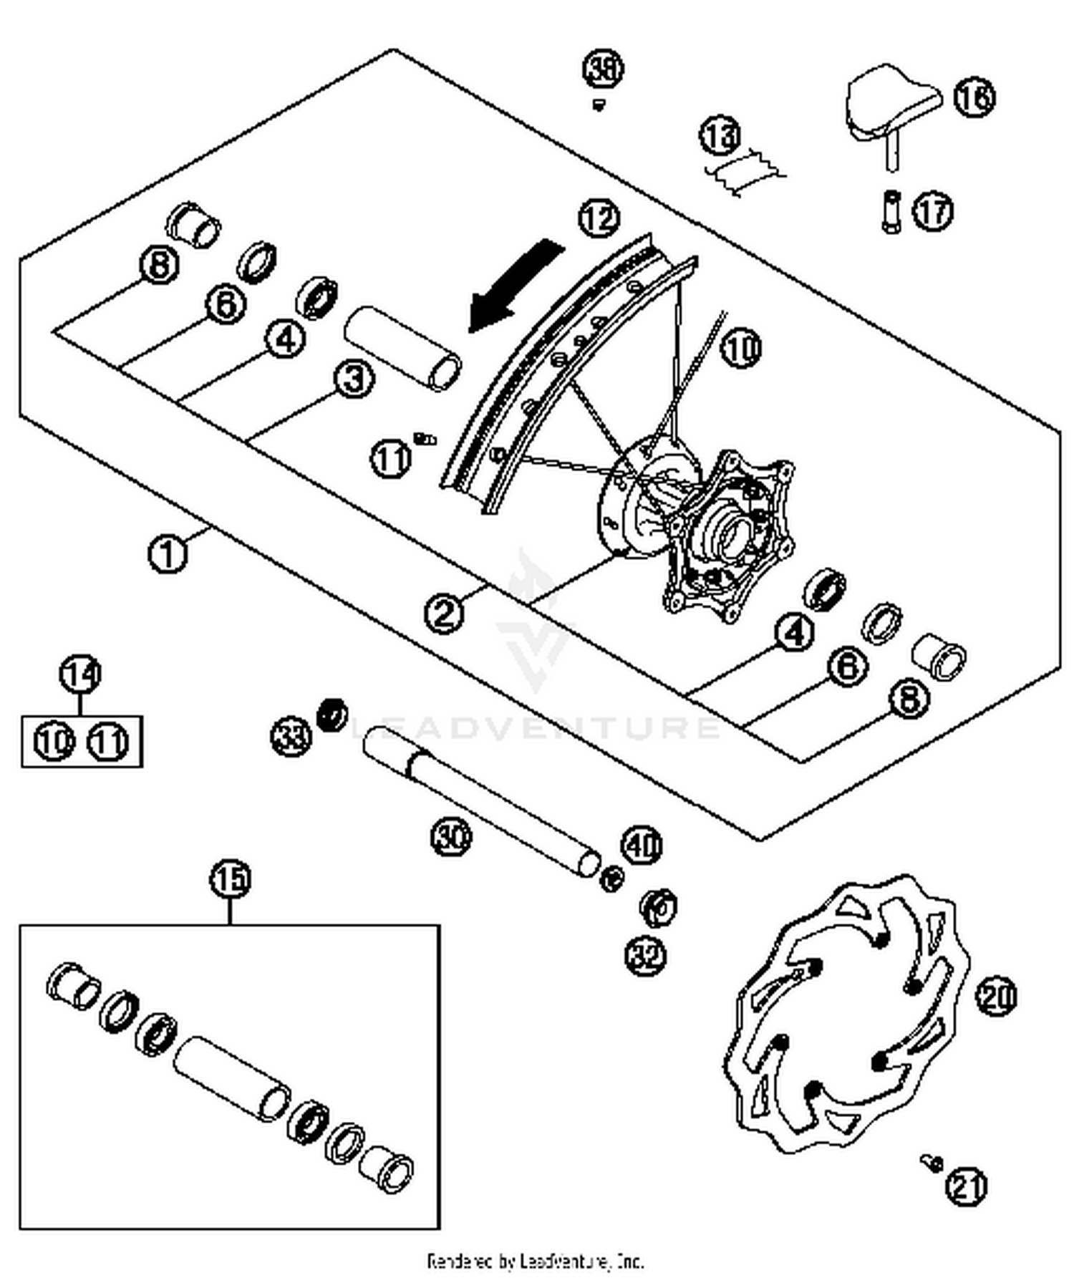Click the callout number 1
168,553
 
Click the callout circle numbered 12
599,217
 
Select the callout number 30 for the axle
452,835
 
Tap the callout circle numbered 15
231,878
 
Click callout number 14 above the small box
80,674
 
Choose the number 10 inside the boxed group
54,742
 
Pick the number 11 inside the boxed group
108,742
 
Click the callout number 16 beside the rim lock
974,96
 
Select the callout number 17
933,211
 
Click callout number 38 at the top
602,68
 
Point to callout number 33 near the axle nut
291,735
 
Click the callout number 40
642,846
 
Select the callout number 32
646,954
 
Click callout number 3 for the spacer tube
354,379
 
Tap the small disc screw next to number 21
932,1163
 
